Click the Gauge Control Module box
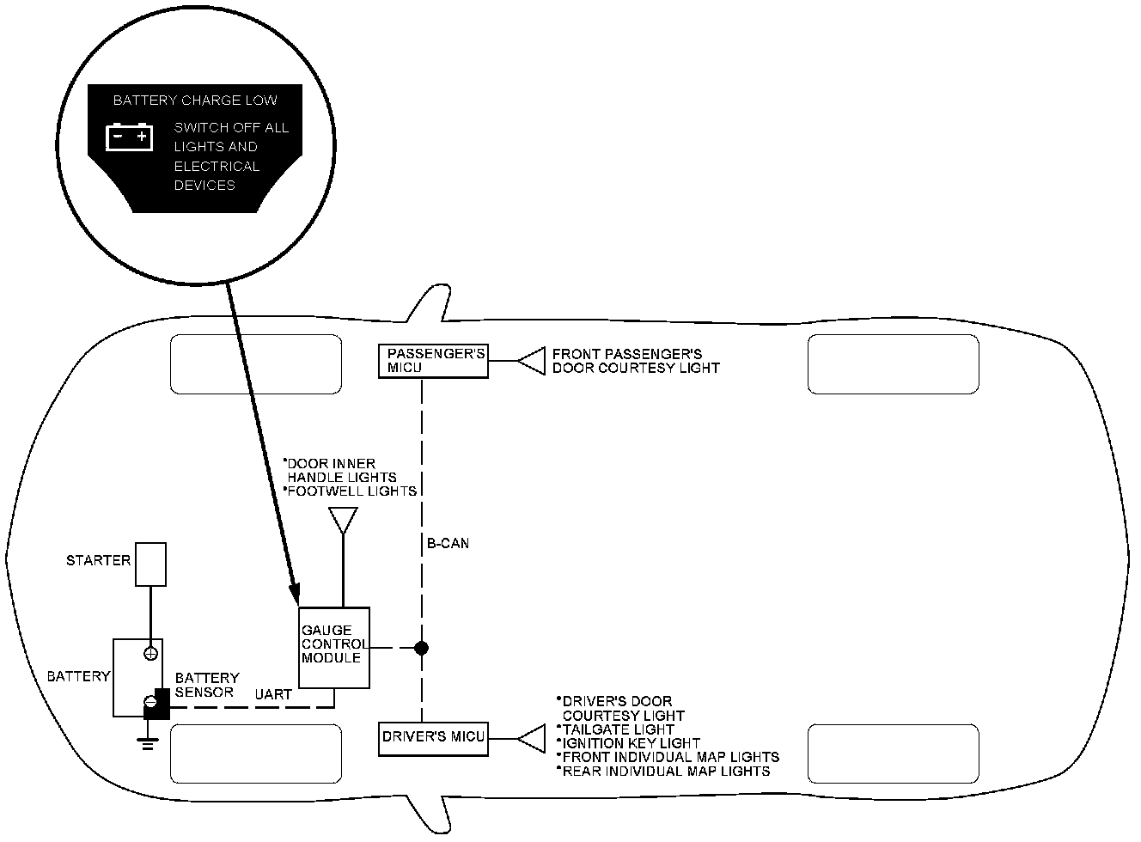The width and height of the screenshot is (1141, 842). (333, 648)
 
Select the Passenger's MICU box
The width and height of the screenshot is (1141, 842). (433, 361)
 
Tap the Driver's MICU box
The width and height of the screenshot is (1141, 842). (433, 738)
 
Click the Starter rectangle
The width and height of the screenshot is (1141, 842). (150, 564)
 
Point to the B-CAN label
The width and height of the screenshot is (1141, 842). (448, 544)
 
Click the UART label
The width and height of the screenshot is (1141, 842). (273, 693)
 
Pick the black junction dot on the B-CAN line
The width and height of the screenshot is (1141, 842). (421, 648)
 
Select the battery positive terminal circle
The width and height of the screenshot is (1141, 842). (150, 654)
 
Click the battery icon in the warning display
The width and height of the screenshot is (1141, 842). (129, 137)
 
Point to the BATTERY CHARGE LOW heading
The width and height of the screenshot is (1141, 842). (195, 101)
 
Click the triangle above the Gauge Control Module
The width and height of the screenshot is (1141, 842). (343, 519)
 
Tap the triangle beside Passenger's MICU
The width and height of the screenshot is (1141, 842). (533, 361)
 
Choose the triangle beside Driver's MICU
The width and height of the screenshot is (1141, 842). (533, 738)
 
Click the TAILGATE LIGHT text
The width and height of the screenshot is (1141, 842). (616, 729)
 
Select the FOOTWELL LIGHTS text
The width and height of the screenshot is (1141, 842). (351, 491)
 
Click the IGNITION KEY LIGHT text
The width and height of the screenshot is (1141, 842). (630, 743)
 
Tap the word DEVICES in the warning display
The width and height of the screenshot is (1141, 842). (204, 186)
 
